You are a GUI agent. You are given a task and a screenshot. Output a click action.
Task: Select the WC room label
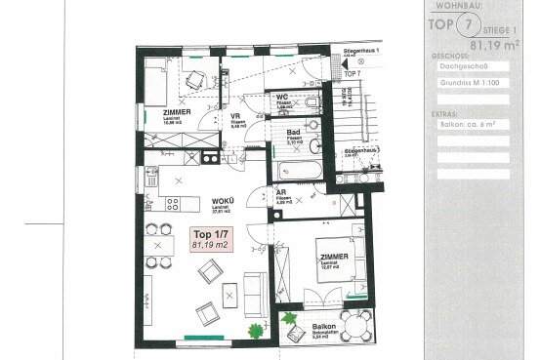click(282, 98)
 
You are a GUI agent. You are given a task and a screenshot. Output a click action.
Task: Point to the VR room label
click(235, 116)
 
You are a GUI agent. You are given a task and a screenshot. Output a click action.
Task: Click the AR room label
click(281, 194)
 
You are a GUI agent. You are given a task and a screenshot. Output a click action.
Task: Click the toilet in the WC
click(311, 100)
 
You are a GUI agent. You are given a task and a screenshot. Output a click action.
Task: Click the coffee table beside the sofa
click(230, 292)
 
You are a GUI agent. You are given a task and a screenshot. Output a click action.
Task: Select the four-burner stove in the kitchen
click(171, 204)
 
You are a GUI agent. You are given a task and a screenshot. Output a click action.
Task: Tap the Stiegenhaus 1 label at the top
click(361, 48)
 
